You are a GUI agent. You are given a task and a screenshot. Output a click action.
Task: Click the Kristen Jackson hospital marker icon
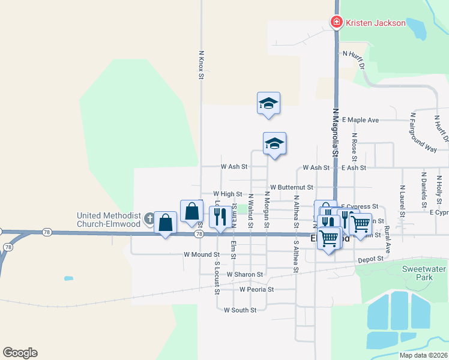pos(337,23)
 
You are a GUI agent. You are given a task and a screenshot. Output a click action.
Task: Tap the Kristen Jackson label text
pos(375,23)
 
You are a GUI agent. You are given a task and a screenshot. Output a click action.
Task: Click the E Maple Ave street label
pos(360,120)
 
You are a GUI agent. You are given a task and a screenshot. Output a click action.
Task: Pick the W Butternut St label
pos(292,187)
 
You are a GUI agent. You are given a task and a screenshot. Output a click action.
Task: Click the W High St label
pos(228,194)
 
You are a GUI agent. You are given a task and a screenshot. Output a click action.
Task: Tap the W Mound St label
pos(199,254)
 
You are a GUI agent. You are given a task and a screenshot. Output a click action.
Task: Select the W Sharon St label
pos(245,274)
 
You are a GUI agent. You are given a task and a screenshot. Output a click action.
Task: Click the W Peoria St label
pos(256,289)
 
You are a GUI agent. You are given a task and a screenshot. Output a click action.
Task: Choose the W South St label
pos(240,310)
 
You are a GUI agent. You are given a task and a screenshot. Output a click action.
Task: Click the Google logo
pos(20,352)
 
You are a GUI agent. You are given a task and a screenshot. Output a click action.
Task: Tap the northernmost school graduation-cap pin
pos(268,103)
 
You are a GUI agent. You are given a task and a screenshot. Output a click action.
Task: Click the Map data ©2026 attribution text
pos(423,355)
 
